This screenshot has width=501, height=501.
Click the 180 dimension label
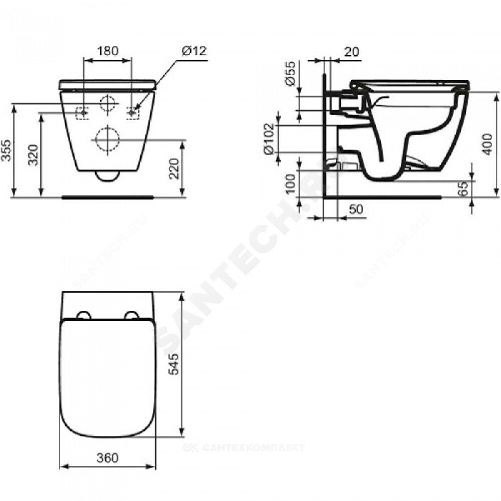[107, 51]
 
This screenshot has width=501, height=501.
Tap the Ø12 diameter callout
[194, 51]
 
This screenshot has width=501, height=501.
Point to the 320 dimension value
[33, 155]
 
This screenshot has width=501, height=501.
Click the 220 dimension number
[174, 169]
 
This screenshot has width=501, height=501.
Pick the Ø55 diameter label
[291, 73]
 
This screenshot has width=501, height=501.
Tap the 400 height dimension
[487, 144]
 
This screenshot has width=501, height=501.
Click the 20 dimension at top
[352, 52]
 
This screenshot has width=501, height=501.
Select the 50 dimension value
[356, 209]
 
